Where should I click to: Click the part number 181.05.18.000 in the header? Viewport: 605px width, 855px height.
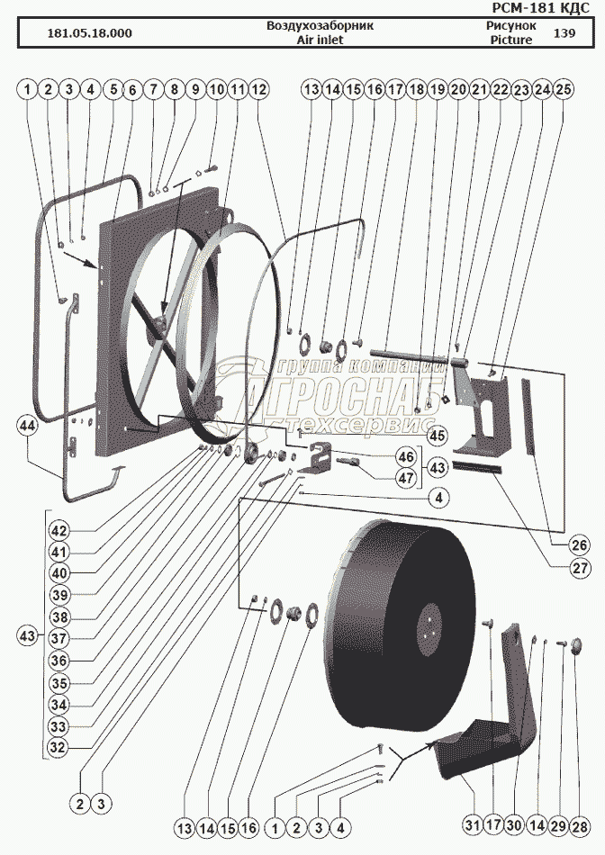pyautogui.click(x=88, y=33)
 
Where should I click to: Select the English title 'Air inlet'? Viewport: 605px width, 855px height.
pyautogui.click(x=320, y=40)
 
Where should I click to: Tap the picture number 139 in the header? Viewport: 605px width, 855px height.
pyautogui.click(x=564, y=33)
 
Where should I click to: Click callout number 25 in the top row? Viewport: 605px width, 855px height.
pyautogui.click(x=564, y=90)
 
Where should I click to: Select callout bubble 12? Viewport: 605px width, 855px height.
pyautogui.click(x=258, y=90)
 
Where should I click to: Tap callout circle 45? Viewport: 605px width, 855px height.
pyautogui.click(x=437, y=436)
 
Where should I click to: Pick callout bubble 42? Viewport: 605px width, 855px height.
pyautogui.click(x=59, y=530)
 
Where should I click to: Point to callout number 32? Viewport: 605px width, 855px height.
pyautogui.click(x=59, y=745)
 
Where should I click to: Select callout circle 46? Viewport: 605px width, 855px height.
pyautogui.click(x=407, y=457)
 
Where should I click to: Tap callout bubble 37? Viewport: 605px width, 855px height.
pyautogui.click(x=59, y=637)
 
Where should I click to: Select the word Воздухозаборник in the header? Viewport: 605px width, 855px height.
pyautogui.click(x=320, y=26)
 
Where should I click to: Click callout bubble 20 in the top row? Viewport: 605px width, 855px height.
pyautogui.click(x=459, y=90)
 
